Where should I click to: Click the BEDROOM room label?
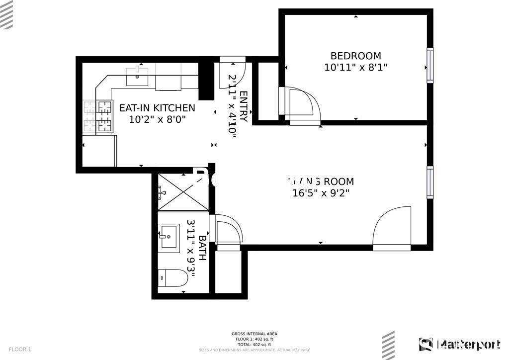[x=355, y=56]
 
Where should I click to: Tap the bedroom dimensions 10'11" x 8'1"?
[x=355, y=68]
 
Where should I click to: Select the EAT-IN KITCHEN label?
[x=157, y=108]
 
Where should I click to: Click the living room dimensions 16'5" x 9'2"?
[x=321, y=193]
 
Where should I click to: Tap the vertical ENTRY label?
[x=243, y=106]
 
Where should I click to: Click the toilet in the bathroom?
[x=172, y=278]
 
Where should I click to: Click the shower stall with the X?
[x=183, y=192]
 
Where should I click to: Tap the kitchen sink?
[x=137, y=77]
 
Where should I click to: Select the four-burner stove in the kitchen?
[x=98, y=116]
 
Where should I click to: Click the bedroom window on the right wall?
[x=429, y=65]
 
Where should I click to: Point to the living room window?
[x=429, y=182]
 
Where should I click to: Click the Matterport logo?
[x=459, y=344]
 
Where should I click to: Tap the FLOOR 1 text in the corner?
[x=20, y=349]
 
